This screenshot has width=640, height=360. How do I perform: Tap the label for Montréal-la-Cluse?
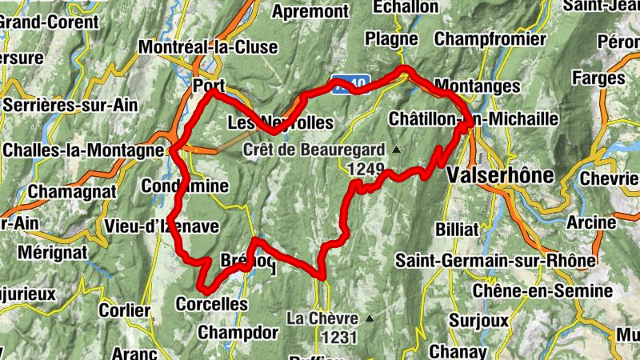pos(208,47)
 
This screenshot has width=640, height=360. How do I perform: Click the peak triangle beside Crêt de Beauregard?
pos(395,150)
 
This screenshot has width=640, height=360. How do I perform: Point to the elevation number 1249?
pos(367,169)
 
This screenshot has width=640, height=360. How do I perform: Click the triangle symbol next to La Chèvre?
pos(369,318)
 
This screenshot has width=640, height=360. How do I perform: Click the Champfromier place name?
pos(490,39)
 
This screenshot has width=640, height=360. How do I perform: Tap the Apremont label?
pos(311,11)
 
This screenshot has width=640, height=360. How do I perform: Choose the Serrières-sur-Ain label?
pos(70,105)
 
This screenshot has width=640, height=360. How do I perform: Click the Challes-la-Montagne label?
pos(83,150)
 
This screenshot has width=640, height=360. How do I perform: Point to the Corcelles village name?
pos(211,305)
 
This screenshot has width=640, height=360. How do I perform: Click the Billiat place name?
pos(457,229)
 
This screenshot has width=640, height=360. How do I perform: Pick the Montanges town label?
pos(477,86)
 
